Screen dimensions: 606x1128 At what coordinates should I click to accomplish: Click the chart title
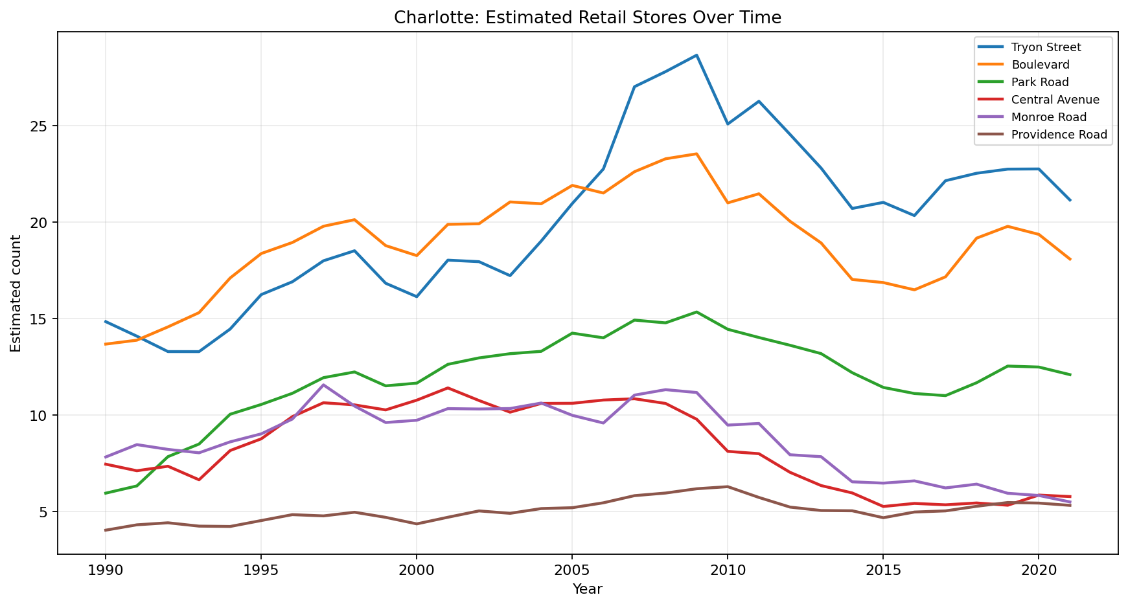[587, 17]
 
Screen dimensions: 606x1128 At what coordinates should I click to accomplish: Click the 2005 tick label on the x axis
[571, 569]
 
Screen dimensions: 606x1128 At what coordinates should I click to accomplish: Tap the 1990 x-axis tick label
[105, 569]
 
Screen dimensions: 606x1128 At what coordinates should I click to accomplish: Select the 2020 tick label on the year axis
[1038, 569]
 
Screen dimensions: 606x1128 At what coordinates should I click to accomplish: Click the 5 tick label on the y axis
[45, 511]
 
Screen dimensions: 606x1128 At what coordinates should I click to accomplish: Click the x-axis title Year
[587, 589]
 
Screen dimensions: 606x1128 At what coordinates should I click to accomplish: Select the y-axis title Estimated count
[16, 293]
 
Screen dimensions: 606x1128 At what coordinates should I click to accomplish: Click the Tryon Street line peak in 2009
[696, 55]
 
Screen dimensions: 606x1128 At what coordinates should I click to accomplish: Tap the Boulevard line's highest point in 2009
[696, 153]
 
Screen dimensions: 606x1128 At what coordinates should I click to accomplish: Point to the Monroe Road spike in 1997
[323, 385]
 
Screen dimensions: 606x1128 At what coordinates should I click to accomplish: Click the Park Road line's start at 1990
[105, 493]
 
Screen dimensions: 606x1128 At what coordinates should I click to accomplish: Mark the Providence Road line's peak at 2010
[728, 486]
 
